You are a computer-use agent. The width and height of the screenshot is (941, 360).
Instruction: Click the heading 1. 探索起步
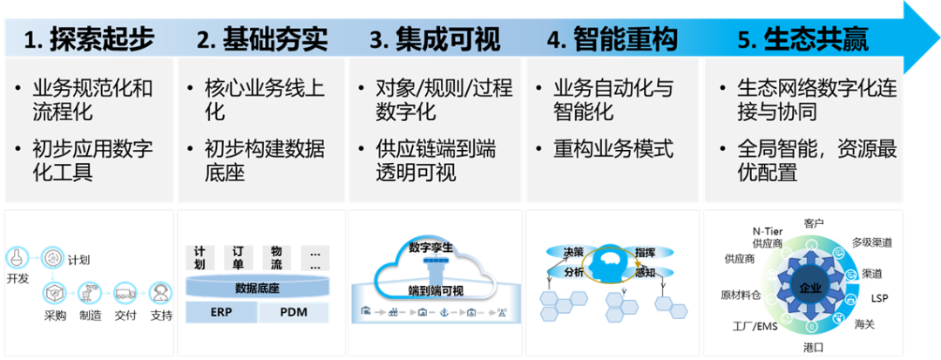coord(89,38)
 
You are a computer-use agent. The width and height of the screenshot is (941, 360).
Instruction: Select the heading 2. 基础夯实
coord(262,38)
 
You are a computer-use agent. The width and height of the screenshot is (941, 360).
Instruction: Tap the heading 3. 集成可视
coord(435,38)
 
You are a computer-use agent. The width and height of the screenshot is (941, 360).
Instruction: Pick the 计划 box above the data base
coord(200,256)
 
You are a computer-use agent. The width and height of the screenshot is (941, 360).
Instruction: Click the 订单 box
coord(238,256)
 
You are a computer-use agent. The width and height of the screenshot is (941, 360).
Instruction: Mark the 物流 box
coord(276,256)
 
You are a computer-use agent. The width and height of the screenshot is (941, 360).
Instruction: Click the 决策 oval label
coord(573,252)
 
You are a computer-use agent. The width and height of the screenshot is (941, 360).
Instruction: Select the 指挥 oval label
coord(647,252)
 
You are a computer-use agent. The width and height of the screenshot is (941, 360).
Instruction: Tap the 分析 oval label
coord(575,273)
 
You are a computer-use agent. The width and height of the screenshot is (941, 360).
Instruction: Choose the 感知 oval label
coord(647,273)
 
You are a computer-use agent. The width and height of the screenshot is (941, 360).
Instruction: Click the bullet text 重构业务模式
coord(613,149)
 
